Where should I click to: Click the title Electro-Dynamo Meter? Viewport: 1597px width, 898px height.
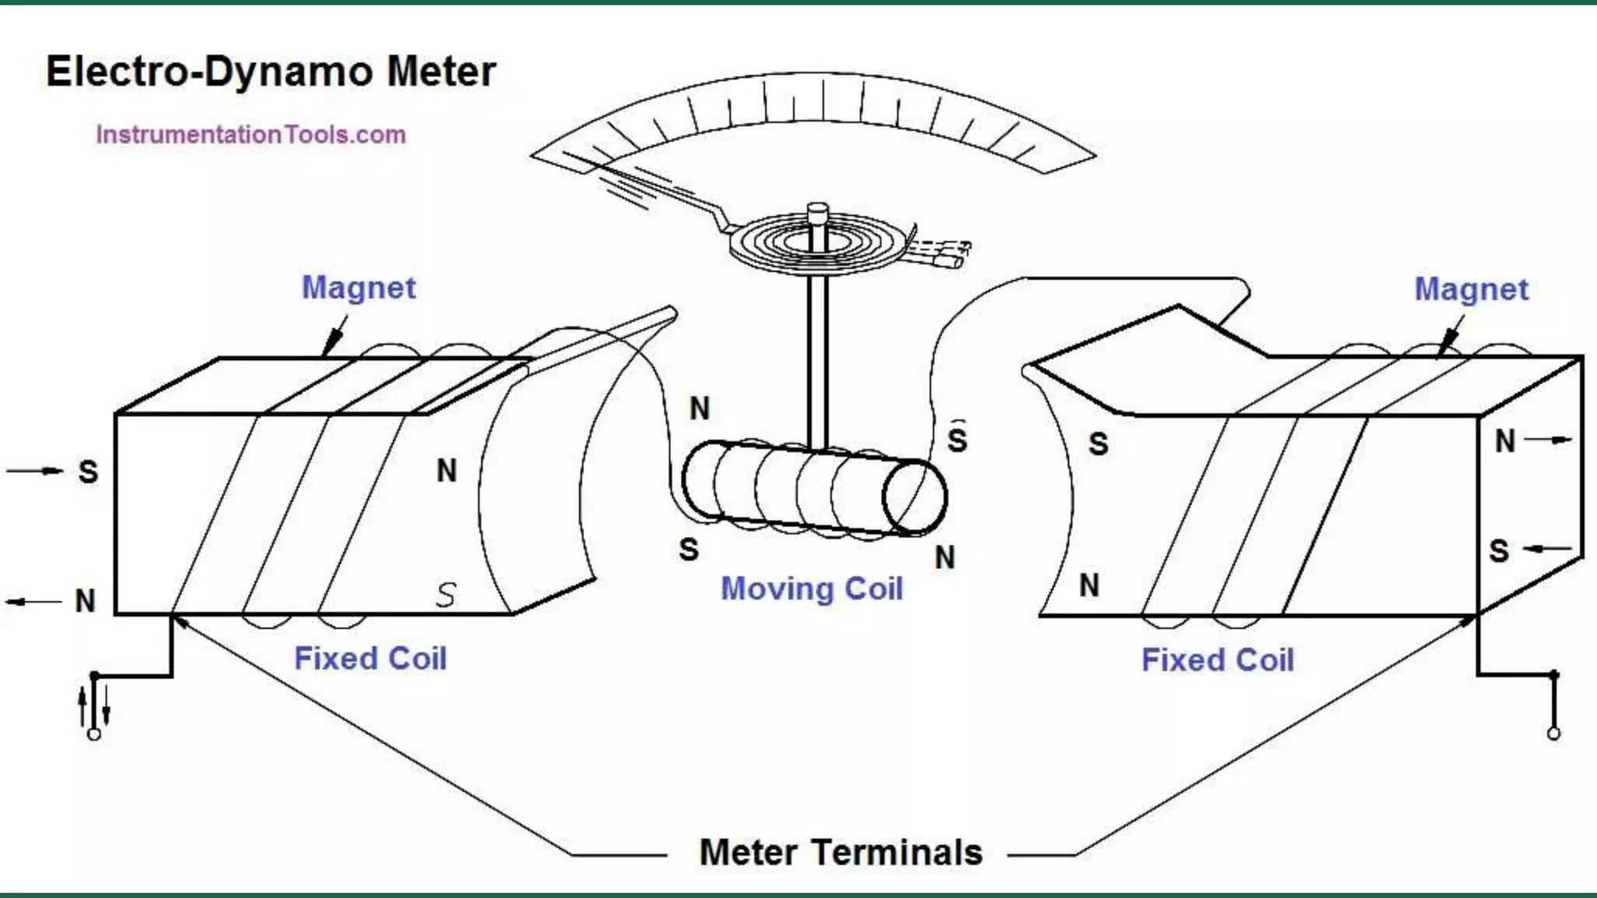click(x=271, y=72)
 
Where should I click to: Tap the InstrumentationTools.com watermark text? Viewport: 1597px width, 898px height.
click(x=250, y=135)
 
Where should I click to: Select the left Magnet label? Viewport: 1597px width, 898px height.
click(x=359, y=288)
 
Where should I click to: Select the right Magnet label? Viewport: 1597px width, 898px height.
click(x=1471, y=289)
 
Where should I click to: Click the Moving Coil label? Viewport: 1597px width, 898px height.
click(x=811, y=589)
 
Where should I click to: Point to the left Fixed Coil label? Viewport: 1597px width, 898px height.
click(x=370, y=659)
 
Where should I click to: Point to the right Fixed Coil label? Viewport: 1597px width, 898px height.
click(x=1217, y=660)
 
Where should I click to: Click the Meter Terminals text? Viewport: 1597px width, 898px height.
click(x=841, y=852)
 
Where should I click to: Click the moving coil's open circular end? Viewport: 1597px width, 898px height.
click(x=915, y=497)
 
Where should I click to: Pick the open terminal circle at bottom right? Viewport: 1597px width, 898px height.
click(x=1553, y=734)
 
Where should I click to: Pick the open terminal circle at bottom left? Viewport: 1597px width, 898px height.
click(x=94, y=734)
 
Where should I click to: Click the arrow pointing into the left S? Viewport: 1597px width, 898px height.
click(x=35, y=471)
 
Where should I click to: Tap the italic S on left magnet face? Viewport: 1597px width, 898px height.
click(x=445, y=595)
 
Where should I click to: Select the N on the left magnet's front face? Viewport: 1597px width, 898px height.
click(x=446, y=471)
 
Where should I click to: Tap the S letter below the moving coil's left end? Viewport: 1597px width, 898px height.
click(x=689, y=550)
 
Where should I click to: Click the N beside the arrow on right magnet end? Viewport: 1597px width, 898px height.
click(x=1504, y=441)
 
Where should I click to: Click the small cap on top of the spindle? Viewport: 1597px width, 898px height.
click(x=816, y=211)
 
